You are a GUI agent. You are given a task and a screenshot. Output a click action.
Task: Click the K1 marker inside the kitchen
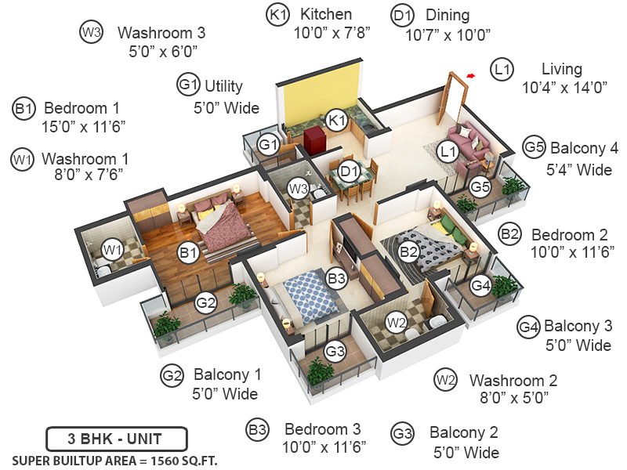pyautogui.click(x=337, y=121)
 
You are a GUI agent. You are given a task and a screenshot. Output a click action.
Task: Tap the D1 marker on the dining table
pyautogui.click(x=349, y=171)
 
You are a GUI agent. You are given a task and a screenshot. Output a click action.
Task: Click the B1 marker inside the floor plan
pyautogui.click(x=187, y=252)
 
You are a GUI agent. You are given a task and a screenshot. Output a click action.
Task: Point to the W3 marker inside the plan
pyautogui.click(x=297, y=188)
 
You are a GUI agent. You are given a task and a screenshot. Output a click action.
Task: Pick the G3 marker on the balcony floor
pyautogui.click(x=335, y=351)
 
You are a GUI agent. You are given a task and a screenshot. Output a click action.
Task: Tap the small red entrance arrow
pyautogui.click(x=470, y=76)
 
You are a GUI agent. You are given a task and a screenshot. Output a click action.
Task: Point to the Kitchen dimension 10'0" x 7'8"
pyautogui.click(x=331, y=33)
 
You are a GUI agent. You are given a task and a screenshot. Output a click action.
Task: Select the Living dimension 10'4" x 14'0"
pyautogui.click(x=565, y=88)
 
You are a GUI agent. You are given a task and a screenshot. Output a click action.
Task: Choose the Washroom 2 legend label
pyautogui.click(x=513, y=381)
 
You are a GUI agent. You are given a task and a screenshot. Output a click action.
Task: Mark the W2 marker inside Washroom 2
pyautogui.click(x=396, y=322)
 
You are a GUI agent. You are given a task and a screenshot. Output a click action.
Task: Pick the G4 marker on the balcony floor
pyautogui.click(x=480, y=286)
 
